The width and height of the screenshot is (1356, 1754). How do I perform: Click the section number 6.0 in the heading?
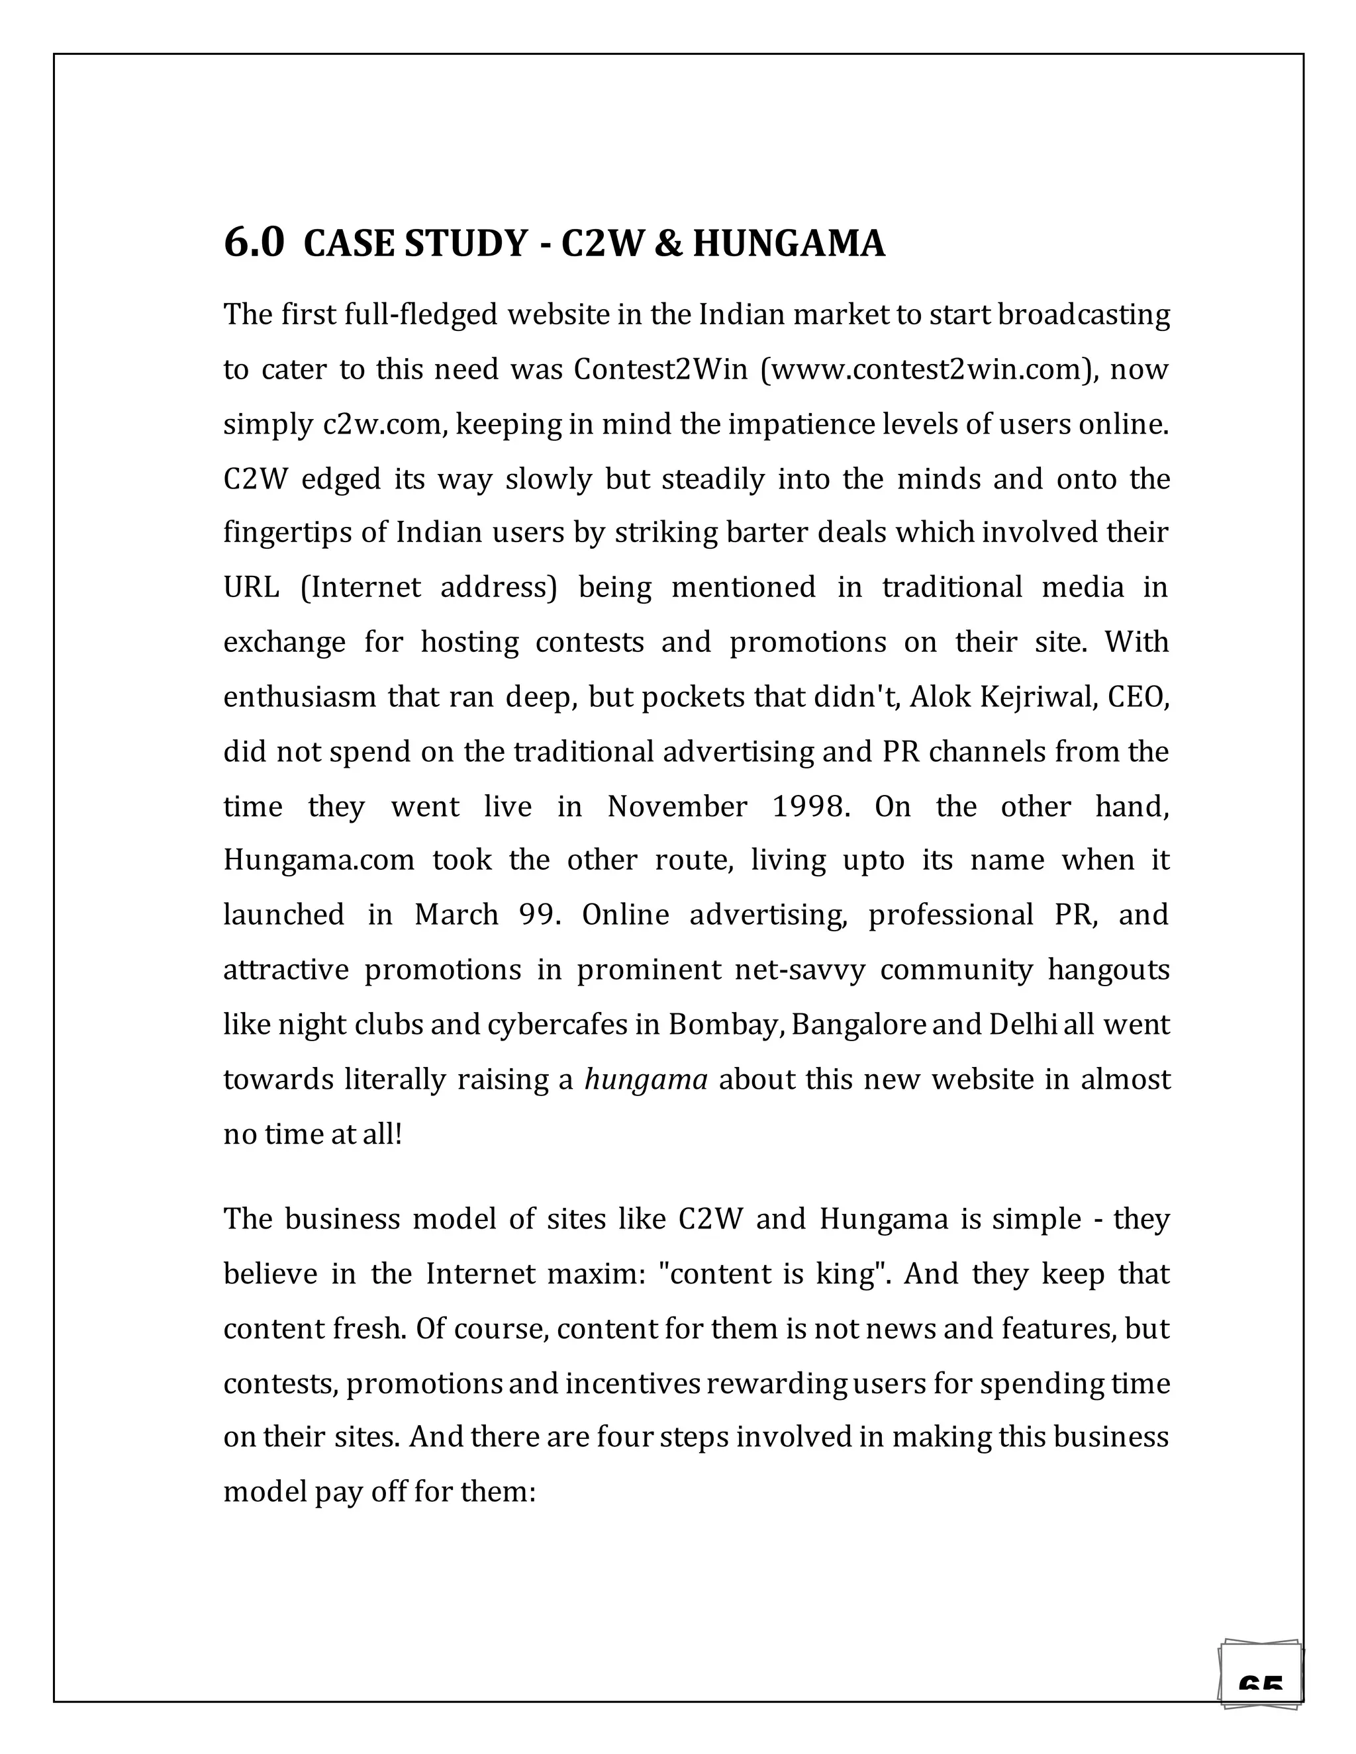coord(253,242)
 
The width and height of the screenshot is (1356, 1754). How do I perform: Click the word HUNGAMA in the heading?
coord(788,244)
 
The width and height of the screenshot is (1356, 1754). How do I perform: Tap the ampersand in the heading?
coord(666,244)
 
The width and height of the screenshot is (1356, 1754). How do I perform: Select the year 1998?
coord(810,806)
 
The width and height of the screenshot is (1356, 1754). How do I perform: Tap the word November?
coord(677,806)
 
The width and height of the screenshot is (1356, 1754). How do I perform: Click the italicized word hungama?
coord(645,1080)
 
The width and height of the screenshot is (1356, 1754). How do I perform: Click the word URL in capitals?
coord(251,588)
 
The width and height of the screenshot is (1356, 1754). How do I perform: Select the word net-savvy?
coord(799,970)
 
